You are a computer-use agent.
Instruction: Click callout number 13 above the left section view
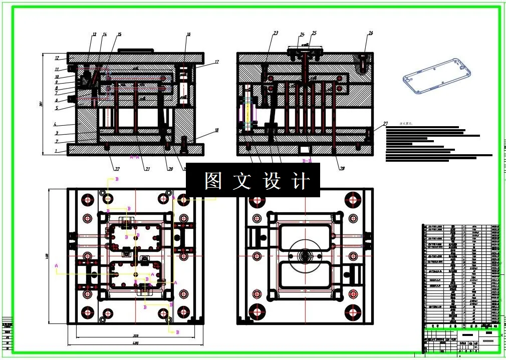pyautogui.click(x=94, y=35)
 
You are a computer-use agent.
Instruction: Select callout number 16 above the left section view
pyautogui.click(x=188, y=35)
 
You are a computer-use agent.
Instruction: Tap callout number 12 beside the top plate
pyautogui.click(x=57, y=58)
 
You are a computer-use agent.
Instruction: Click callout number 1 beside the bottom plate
pyautogui.click(x=57, y=151)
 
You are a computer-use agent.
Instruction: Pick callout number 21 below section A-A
pyautogui.click(x=147, y=169)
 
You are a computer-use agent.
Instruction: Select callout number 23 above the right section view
pyautogui.click(x=276, y=34)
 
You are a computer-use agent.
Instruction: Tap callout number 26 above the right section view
pyautogui.click(x=370, y=34)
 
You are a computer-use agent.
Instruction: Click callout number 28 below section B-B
pyautogui.click(x=342, y=169)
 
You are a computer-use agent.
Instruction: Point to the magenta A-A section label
pyautogui.click(x=134, y=157)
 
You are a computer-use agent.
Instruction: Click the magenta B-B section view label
pyautogui.click(x=307, y=161)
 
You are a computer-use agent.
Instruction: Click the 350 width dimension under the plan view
pyautogui.click(x=135, y=335)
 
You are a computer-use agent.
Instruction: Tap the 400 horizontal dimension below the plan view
pyautogui.click(x=135, y=343)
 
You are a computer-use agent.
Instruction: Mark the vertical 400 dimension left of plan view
pyautogui.click(x=47, y=256)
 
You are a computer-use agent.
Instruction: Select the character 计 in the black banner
pyautogui.click(x=300, y=181)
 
